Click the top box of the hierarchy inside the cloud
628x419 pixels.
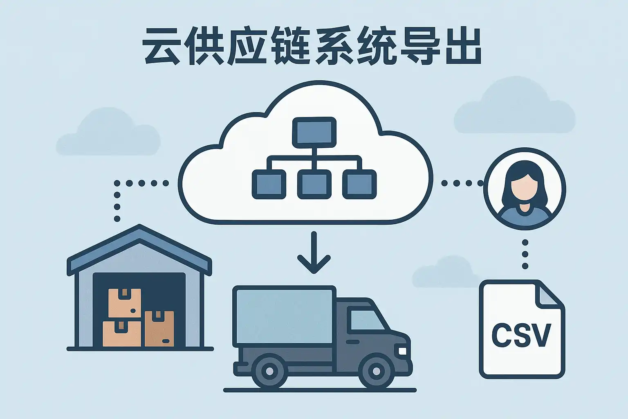314,131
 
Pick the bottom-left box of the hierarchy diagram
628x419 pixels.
269,185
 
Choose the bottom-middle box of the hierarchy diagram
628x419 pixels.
314,185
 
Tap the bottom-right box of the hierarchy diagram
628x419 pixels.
359,185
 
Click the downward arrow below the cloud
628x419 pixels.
314,254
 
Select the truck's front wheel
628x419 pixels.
376,371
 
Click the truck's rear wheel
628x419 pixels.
269,371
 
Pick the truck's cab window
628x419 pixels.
366,319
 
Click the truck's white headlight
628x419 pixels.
402,351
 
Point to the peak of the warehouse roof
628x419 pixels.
139,227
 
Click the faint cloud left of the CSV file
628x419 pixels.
444,273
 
